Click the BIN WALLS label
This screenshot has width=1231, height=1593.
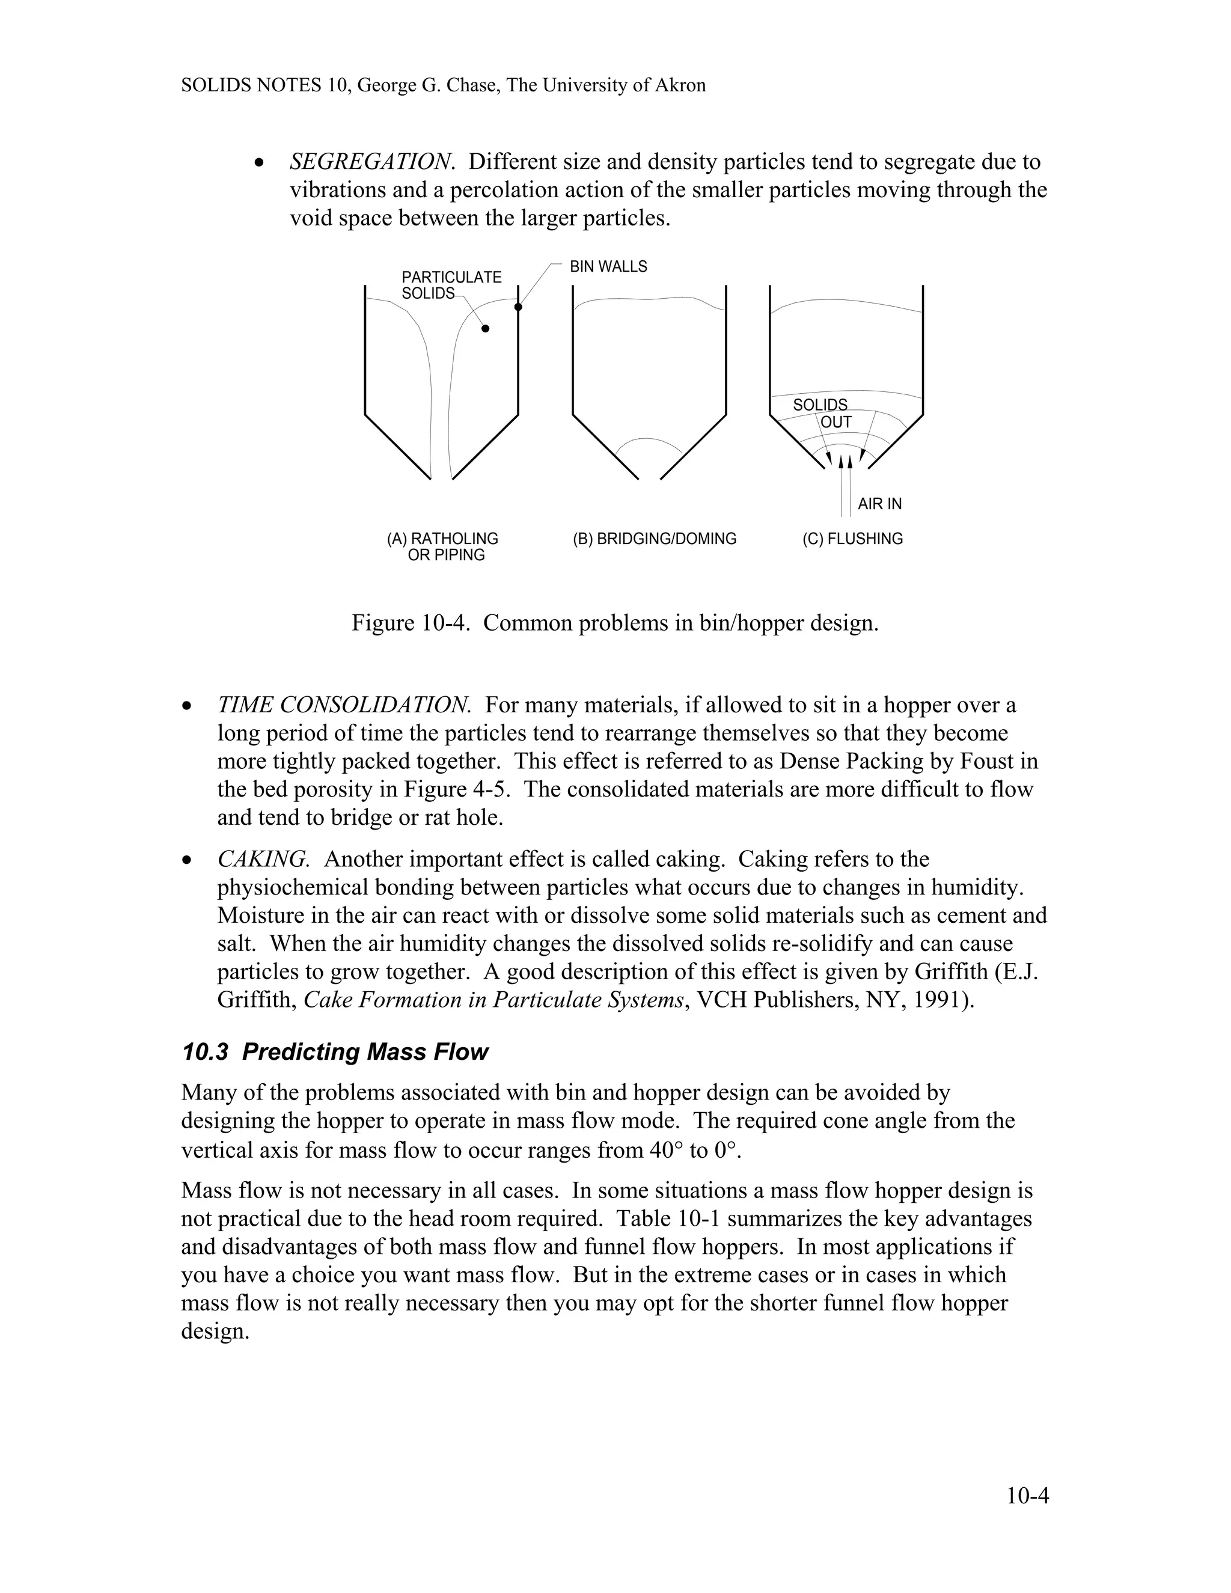pyautogui.click(x=608, y=267)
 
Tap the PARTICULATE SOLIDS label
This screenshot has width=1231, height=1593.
pyautogui.click(x=451, y=285)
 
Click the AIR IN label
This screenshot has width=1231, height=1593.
pyautogui.click(x=879, y=504)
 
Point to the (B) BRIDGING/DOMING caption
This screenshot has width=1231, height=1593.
pyautogui.click(x=654, y=539)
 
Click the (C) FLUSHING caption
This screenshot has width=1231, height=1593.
pyautogui.click(x=852, y=539)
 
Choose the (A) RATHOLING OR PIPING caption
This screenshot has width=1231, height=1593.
pyautogui.click(x=442, y=547)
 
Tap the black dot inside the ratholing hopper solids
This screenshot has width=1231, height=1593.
pyautogui.click(x=486, y=329)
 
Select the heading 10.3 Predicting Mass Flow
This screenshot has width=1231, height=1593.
pyautogui.click(x=335, y=1052)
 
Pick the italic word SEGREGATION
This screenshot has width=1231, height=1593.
pyautogui.click(x=372, y=161)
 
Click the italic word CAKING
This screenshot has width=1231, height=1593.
pyautogui.click(x=263, y=859)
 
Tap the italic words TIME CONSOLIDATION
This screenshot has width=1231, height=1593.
pyautogui.click(x=343, y=705)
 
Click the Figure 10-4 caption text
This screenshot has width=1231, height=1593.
pyautogui.click(x=615, y=623)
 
